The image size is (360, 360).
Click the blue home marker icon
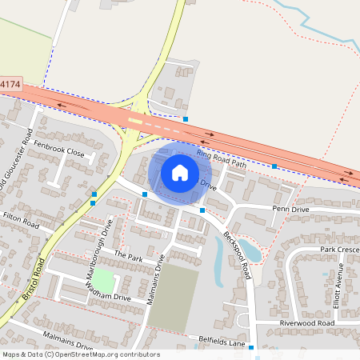180,172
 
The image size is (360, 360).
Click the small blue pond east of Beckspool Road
250,251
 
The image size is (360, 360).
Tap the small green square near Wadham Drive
106,282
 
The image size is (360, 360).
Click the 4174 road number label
10,83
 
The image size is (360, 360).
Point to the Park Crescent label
339,250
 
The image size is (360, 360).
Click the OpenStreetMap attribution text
81,354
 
